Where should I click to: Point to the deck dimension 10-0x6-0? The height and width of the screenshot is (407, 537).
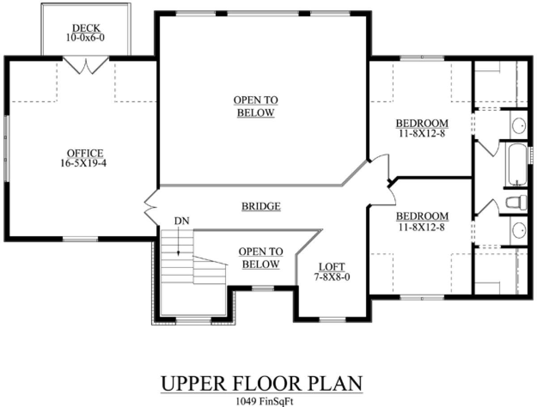coord(85,38)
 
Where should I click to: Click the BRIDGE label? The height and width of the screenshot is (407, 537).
coord(261,206)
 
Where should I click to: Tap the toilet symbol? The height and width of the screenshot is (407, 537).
coord(516,203)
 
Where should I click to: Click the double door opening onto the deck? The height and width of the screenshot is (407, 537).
coord(85,65)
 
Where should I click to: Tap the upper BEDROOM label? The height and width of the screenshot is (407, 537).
coord(422,123)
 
